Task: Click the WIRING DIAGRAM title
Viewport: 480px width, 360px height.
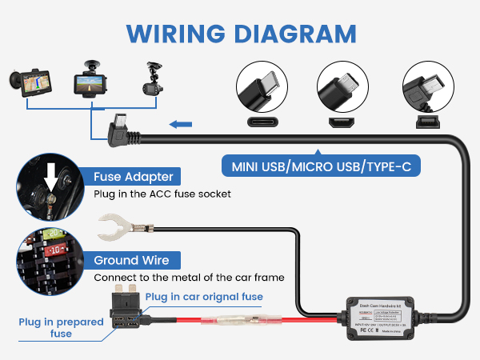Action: [240, 34]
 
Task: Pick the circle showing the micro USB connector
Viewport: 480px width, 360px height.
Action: [344, 90]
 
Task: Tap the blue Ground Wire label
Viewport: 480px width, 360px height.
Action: [133, 260]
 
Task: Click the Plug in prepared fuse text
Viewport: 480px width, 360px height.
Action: [61, 328]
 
